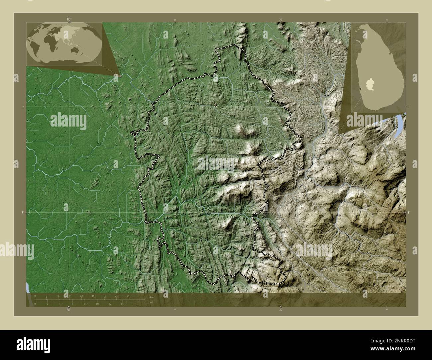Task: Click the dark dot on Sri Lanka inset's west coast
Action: (360, 89)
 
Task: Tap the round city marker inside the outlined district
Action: (215, 105)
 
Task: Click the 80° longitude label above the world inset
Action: (69, 19)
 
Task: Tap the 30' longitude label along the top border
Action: (281, 20)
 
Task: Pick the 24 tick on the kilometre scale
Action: (128, 296)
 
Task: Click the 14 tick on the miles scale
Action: (122, 304)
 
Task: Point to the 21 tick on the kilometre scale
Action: (116, 296)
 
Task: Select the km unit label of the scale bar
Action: (152, 297)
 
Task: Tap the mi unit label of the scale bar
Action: (151, 303)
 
